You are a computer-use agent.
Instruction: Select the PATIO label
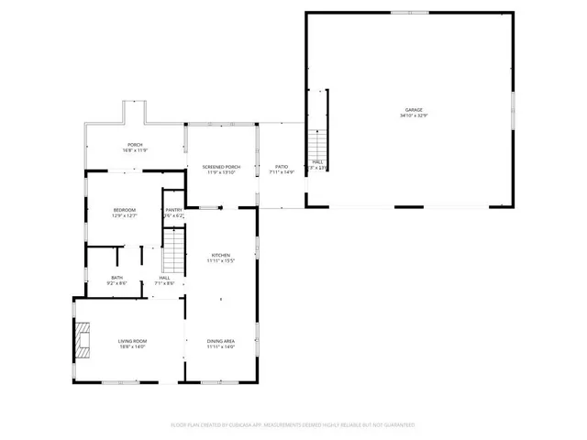[x=282, y=166]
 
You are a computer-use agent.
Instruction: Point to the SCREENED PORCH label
[x=222, y=166]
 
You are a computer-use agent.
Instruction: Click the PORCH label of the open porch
[x=135, y=145]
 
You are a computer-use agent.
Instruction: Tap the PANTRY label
[x=173, y=210]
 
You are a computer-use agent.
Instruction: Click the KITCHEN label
[x=221, y=255]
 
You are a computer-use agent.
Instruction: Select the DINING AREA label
[x=221, y=341]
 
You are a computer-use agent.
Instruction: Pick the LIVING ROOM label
[x=133, y=341]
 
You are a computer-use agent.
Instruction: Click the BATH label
[x=117, y=277]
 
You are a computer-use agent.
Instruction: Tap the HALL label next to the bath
[x=164, y=277]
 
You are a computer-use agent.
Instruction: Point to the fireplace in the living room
[x=83, y=339]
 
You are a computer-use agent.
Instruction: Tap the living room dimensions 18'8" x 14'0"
[x=133, y=347]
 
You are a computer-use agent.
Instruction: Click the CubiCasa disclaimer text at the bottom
[x=293, y=425]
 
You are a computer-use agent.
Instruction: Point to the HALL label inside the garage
[x=317, y=161]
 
